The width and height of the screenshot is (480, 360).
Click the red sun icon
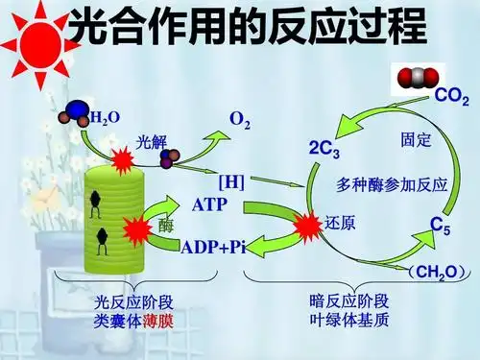[41, 40]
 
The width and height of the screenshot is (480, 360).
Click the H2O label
[105, 118]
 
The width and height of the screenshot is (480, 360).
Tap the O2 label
[240, 120]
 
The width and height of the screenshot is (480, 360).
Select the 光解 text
[153, 142]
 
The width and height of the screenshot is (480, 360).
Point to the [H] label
[231, 180]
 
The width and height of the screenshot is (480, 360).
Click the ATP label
[210, 204]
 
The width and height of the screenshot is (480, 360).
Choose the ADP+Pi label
[214, 248]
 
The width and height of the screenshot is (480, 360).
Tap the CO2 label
[451, 96]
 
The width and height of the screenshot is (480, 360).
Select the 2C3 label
[324, 149]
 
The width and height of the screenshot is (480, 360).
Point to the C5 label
[441, 226]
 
